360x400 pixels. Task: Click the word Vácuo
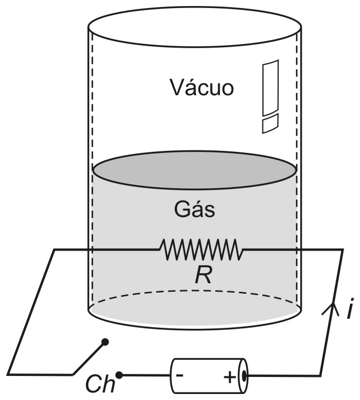[201, 87]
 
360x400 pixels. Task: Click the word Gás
[195, 210]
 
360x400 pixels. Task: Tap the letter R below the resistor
[203, 276]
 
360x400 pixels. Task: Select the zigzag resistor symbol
[201, 250]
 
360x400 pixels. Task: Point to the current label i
[350, 308]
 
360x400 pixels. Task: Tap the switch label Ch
[100, 384]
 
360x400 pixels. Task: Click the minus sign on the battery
[180, 375]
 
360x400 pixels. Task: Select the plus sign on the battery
[230, 377]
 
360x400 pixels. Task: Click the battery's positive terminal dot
[244, 375]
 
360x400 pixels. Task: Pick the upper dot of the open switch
[105, 342]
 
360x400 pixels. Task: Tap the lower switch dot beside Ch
[119, 375]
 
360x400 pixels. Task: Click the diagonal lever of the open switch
[89, 358]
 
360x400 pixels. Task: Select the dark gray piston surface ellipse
[195, 170]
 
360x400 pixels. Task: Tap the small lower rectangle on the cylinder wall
[270, 123]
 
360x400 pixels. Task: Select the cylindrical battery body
[209, 375]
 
